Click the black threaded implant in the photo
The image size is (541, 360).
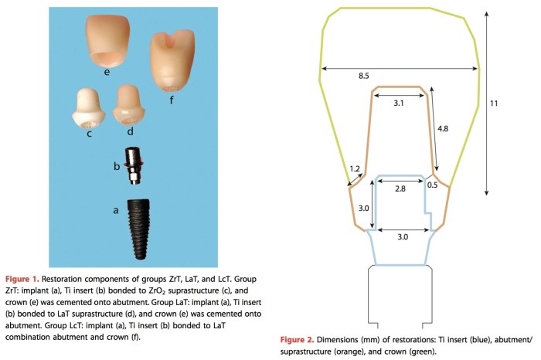point(138,229)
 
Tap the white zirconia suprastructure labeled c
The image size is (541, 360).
point(88,108)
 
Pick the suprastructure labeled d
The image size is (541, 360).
point(129,105)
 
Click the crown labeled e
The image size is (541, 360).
point(107,41)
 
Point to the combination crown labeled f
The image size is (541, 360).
point(172,61)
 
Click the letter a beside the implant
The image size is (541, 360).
point(116,210)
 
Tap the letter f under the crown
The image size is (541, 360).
point(172,100)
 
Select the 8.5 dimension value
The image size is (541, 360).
point(364,76)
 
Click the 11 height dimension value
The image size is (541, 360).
point(494,103)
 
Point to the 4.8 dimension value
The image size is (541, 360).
point(443,128)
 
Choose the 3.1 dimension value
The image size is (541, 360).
point(399,103)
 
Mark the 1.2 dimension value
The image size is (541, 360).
point(355,168)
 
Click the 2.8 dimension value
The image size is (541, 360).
point(400,188)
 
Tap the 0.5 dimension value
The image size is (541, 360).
point(432,185)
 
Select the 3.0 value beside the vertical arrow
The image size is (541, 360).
point(364,209)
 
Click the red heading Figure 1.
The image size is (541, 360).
point(22,279)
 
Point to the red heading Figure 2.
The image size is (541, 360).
point(297,340)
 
